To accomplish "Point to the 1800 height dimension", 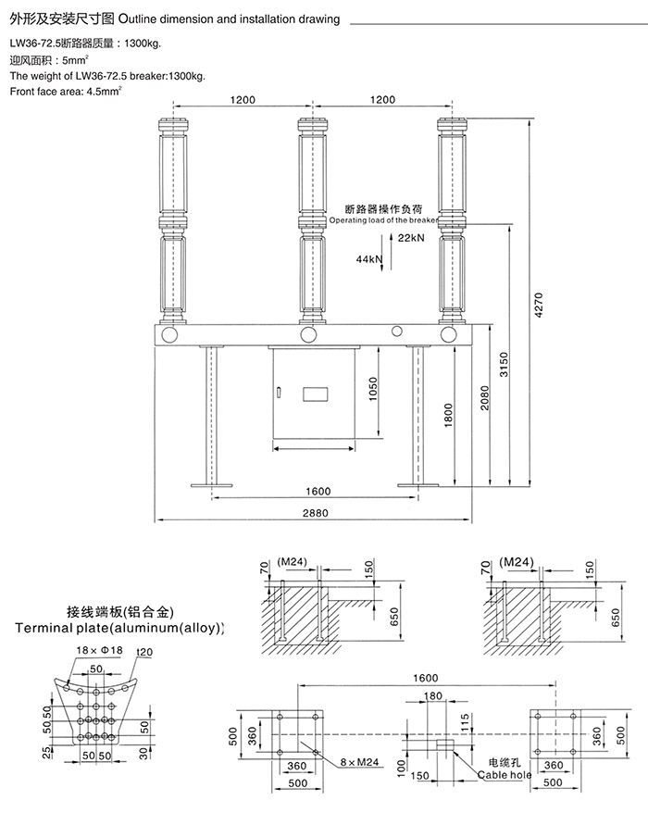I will (x=447, y=421).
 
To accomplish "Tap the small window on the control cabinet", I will (x=316, y=391).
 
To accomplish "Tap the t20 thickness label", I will (x=143, y=652).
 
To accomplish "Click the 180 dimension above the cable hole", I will (x=430, y=695).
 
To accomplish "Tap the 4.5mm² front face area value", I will (x=99, y=92).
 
